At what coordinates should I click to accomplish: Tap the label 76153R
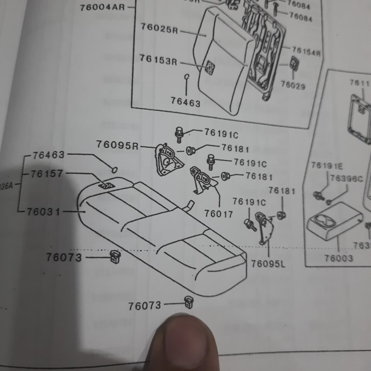(x=158, y=60)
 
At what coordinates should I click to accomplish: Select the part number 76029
(x=293, y=85)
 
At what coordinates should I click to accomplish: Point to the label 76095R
(x=117, y=144)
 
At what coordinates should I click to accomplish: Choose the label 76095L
(x=268, y=263)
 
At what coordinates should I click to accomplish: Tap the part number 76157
(x=47, y=174)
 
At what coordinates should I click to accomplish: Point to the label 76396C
(x=346, y=179)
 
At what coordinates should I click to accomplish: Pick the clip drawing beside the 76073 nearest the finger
(x=188, y=303)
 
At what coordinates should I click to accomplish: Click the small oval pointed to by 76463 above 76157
(x=114, y=170)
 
